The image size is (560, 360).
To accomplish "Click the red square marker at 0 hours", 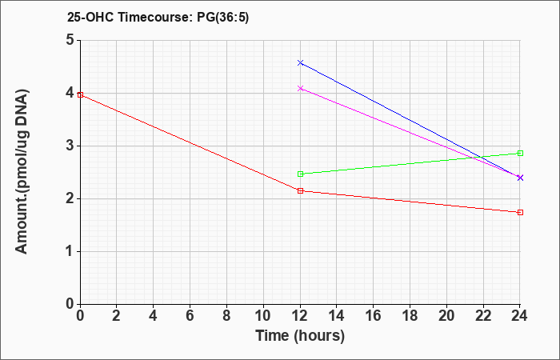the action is click(x=80, y=94).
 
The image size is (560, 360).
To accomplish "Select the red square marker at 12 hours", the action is click(x=300, y=190).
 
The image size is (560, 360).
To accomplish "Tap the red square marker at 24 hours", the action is click(x=520, y=212).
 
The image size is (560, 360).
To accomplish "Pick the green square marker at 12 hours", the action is click(x=300, y=174).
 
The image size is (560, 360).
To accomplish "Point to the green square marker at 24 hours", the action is click(x=520, y=154).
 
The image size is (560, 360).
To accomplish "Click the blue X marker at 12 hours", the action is click(x=300, y=63).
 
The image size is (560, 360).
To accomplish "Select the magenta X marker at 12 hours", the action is click(x=300, y=88).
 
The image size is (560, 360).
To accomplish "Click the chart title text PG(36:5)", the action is click(x=223, y=18).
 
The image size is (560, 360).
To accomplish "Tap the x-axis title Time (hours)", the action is click(x=300, y=336).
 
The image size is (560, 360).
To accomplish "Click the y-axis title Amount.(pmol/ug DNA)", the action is click(x=22, y=172).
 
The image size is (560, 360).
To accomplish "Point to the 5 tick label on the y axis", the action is click(x=70, y=40).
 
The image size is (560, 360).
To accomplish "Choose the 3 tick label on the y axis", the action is click(x=70, y=146).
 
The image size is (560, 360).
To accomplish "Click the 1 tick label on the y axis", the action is click(x=70, y=251).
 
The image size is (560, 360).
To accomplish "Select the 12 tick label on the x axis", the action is click(x=300, y=316).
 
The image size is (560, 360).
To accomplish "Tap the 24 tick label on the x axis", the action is click(x=519, y=316).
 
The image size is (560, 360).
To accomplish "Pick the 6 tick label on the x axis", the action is click(x=190, y=316).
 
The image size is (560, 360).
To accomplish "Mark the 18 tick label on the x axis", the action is click(x=410, y=316).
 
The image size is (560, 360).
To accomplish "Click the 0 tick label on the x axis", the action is click(x=80, y=316).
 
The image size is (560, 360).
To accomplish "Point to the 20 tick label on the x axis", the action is click(x=446, y=316).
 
